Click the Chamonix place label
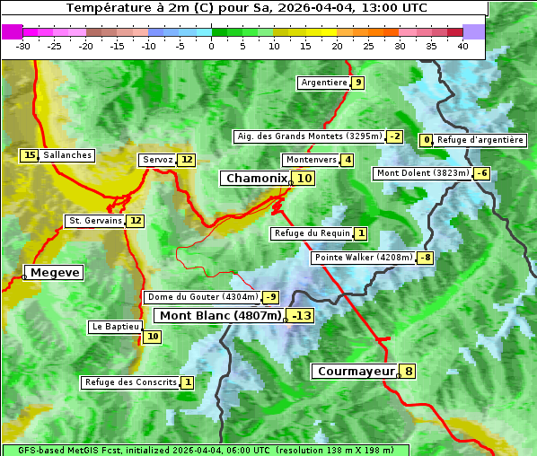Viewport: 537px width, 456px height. click(256, 179)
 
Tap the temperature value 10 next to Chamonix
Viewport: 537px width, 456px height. click(305, 179)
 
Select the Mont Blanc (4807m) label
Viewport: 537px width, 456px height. click(221, 315)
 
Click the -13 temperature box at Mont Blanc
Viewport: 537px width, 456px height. click(301, 315)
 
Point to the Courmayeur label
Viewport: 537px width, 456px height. click(357, 371)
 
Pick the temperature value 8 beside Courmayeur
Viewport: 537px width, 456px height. click(409, 371)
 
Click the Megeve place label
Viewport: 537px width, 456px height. click(55, 272)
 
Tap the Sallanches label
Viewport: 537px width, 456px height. click(67, 155)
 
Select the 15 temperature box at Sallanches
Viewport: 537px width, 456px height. click(30, 155)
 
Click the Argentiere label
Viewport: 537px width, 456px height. click(324, 83)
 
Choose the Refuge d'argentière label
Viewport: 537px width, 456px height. click(480, 140)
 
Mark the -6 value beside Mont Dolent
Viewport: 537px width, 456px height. click(482, 173)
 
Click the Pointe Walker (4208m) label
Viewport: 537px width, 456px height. click(363, 258)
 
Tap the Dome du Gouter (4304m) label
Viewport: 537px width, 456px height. click(203, 297)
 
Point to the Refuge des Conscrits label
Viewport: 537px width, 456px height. click(131, 382)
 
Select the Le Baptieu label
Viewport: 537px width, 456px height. click(115, 327)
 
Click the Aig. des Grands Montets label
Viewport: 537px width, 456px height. click(308, 136)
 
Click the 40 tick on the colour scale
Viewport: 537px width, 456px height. click(462, 46)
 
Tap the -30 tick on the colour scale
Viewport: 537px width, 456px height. click(23, 46)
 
